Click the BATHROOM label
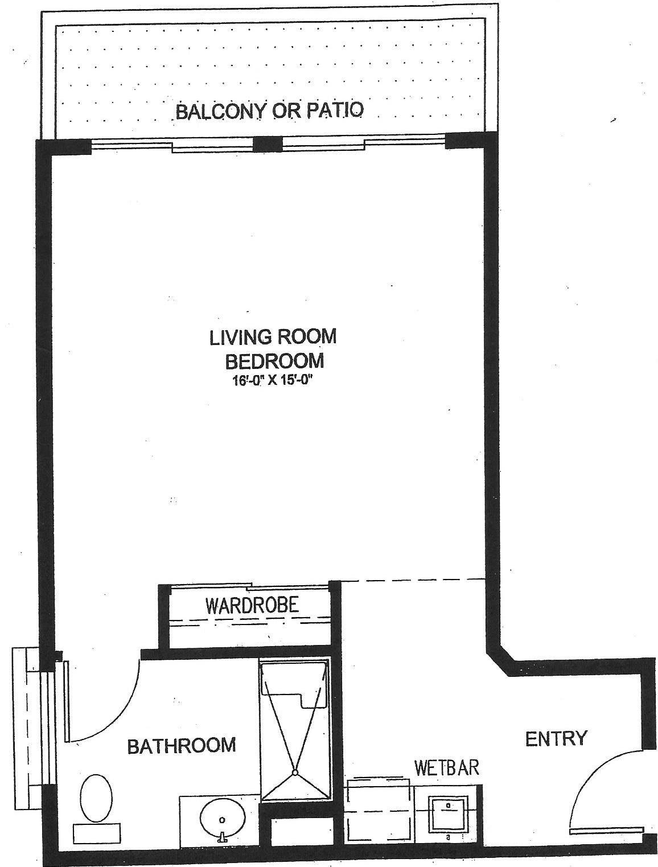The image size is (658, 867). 182,745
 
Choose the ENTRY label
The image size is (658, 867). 556,738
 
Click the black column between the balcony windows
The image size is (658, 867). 268,144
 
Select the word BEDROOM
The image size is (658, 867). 274,360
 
